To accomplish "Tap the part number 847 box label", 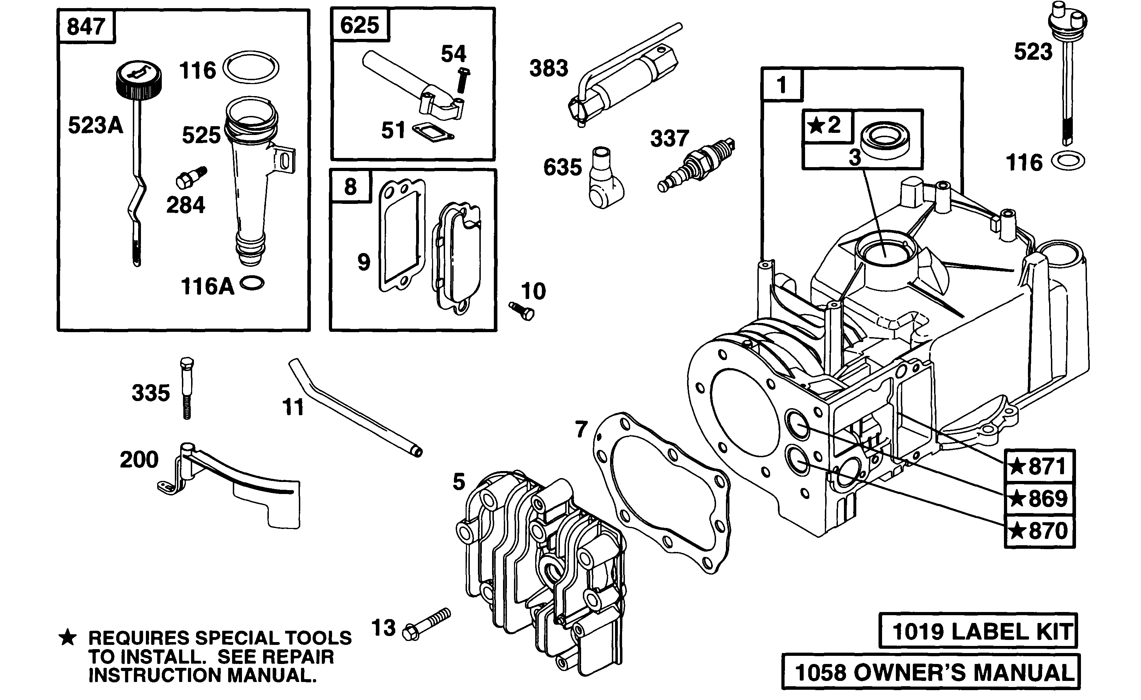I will pos(86,27).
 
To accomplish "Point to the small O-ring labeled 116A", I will pos(252,283).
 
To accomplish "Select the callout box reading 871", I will pos(1040,466).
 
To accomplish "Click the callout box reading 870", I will pos(1040,531).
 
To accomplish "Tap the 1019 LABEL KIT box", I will pos(978,631).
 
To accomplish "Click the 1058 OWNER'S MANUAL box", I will pos(931,671).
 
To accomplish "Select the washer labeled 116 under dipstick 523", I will pos(1068,162).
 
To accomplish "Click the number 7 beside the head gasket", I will pos(581,429).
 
